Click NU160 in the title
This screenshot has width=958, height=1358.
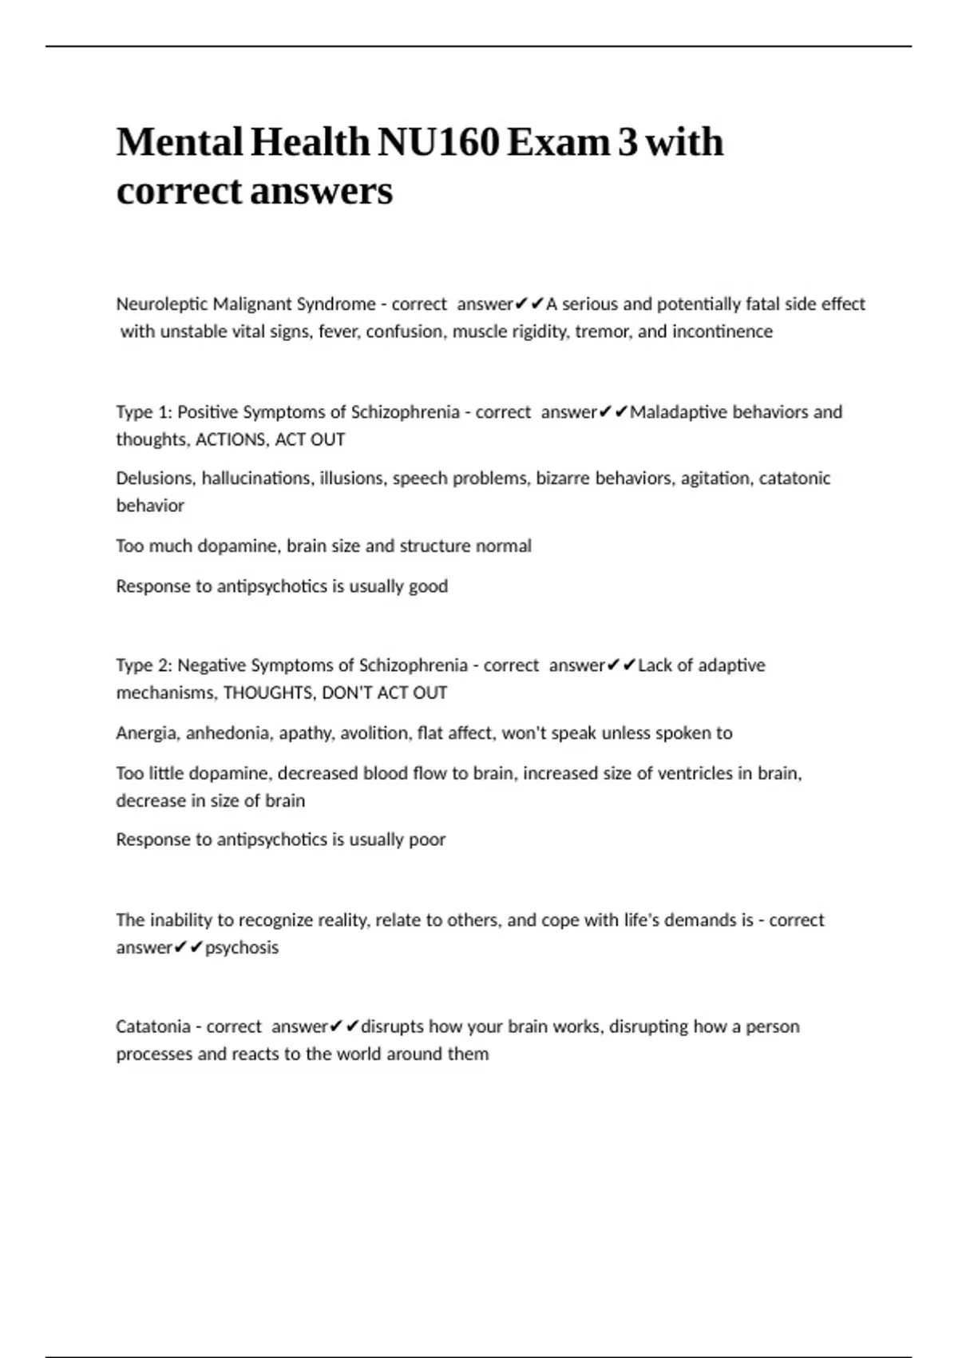click(x=438, y=143)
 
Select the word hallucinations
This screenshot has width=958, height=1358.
click(x=256, y=478)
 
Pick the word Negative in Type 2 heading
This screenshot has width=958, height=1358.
click(x=212, y=665)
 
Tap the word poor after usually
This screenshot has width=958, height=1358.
click(x=427, y=840)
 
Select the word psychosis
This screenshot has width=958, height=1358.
click(x=242, y=947)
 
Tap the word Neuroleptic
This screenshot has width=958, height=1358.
click(x=161, y=304)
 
